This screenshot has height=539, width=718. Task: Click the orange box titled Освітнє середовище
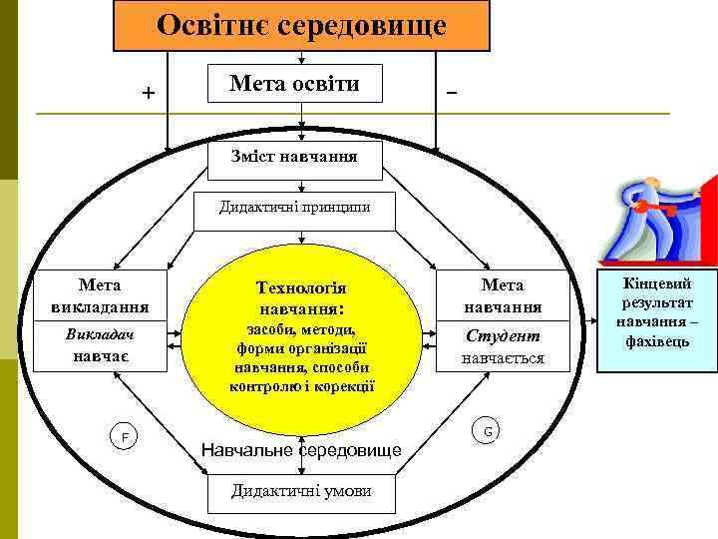tap(301, 26)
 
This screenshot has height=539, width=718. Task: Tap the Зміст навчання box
tap(294, 157)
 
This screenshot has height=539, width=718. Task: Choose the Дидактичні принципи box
tap(294, 208)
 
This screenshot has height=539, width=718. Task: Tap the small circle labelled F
tap(125, 437)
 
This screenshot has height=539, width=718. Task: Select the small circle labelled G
tap(488, 430)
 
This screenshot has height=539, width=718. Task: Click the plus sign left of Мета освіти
tap(149, 94)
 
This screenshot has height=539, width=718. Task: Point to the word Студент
tap(503, 335)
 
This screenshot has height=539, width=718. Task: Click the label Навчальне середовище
tap(301, 450)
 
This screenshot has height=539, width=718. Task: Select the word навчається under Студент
tap(503, 356)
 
